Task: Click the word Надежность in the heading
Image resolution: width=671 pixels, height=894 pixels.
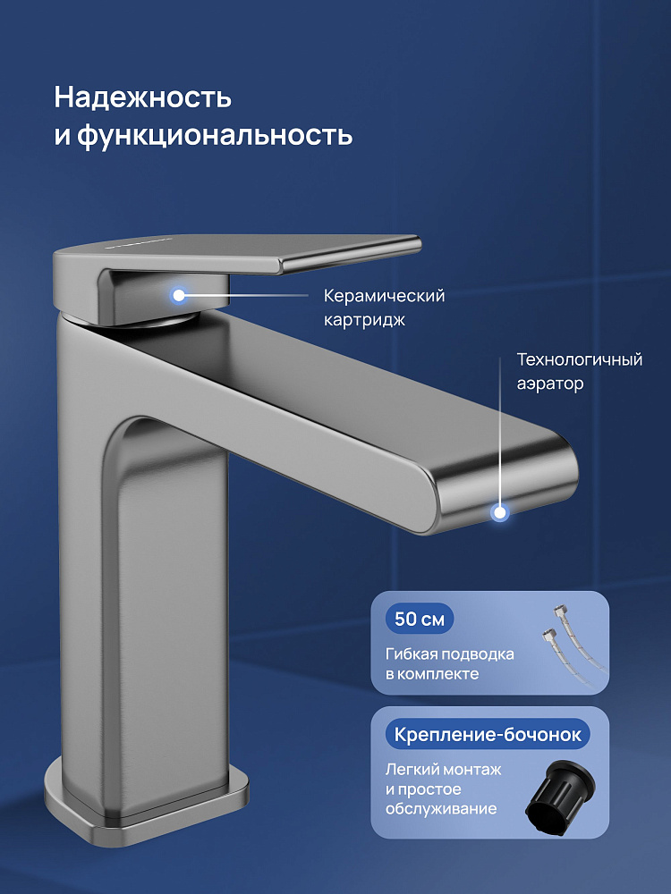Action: coord(142,97)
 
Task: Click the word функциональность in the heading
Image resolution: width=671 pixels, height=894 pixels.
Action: coord(215,136)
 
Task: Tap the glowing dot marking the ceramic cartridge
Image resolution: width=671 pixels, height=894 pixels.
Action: coord(179,295)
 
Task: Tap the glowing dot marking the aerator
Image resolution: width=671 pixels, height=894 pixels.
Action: coord(500,512)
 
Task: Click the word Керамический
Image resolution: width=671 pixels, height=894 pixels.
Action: coord(384,297)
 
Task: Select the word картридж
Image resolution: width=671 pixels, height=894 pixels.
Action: coord(365,320)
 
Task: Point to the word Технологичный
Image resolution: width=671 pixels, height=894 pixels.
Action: coord(579,359)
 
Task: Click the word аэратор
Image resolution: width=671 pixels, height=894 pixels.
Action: coord(550,384)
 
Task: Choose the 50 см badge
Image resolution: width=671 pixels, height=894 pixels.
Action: coord(420,619)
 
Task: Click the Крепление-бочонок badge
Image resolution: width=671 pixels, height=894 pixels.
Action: coord(488,734)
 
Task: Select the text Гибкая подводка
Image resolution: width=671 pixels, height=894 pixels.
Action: coord(450,654)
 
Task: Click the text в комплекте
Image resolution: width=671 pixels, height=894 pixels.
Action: coord(432,674)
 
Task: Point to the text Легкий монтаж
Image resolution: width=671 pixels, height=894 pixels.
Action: coord(444,770)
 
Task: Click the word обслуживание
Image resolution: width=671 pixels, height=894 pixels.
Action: coord(441,809)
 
